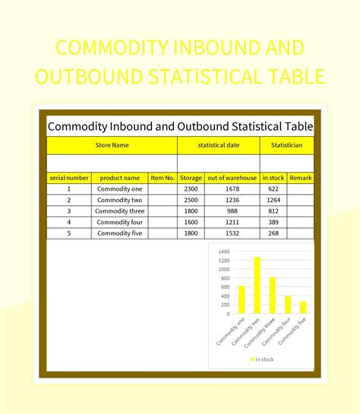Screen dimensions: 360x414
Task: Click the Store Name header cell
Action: (x=112, y=144)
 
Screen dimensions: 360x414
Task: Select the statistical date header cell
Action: (x=218, y=144)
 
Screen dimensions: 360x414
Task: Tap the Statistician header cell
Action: (x=286, y=144)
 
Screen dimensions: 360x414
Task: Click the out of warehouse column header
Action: (x=232, y=178)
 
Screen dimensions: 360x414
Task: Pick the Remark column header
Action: (x=301, y=178)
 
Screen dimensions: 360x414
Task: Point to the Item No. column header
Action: (x=163, y=178)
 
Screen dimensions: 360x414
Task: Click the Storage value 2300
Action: (x=191, y=189)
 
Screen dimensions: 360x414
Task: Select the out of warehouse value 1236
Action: (x=232, y=200)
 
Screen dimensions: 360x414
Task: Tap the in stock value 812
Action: (x=273, y=211)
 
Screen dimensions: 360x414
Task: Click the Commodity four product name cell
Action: (x=119, y=222)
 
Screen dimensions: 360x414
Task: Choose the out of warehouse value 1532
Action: (x=232, y=233)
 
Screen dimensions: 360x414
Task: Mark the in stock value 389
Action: (x=273, y=222)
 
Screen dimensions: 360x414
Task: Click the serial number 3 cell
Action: (x=68, y=211)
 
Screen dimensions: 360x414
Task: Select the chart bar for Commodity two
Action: (x=257, y=285)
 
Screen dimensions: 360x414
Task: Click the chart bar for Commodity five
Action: (x=302, y=308)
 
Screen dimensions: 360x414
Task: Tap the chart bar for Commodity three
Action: (x=272, y=295)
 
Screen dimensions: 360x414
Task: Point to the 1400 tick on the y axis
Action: (x=223, y=251)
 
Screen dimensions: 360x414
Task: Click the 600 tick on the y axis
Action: (x=225, y=287)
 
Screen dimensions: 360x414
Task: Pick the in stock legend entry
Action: (x=262, y=359)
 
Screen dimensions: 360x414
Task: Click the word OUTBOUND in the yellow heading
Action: (x=131, y=77)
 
